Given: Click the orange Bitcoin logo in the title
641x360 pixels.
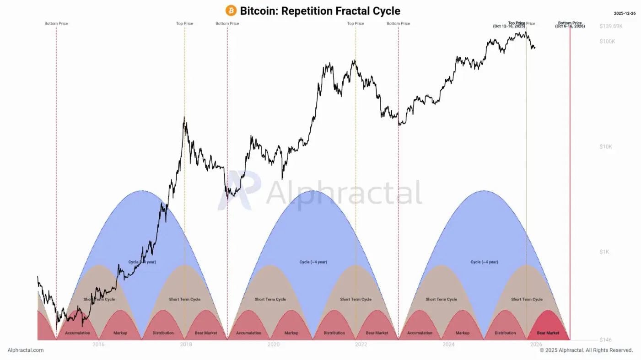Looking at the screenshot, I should pyautogui.click(x=231, y=11).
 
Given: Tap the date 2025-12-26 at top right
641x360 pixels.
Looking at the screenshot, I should pyautogui.click(x=625, y=13).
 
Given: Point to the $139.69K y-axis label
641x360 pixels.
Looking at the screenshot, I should pyautogui.click(x=611, y=26).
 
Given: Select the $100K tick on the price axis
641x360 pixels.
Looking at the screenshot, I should pyautogui.click(x=608, y=41).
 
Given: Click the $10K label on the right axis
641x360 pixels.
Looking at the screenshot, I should pyautogui.click(x=605, y=146).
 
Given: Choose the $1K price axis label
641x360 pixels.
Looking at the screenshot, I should pyautogui.click(x=604, y=252).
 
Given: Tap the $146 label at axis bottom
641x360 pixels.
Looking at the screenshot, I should pyautogui.click(x=605, y=340).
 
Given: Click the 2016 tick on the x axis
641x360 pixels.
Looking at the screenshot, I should pyautogui.click(x=98, y=344).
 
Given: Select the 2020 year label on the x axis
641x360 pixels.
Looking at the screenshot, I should pyautogui.click(x=273, y=344).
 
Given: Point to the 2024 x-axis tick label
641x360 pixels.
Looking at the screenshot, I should pyautogui.click(x=448, y=344).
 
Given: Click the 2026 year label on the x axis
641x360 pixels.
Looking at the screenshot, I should pyautogui.click(x=536, y=344).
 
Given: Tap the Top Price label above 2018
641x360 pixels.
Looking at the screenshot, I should pyautogui.click(x=184, y=23).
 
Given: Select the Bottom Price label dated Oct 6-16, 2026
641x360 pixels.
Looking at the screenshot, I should pyautogui.click(x=570, y=25).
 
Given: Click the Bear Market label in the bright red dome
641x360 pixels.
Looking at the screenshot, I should pyautogui.click(x=548, y=333).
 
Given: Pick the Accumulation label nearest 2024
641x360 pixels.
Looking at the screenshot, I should pyautogui.click(x=420, y=333).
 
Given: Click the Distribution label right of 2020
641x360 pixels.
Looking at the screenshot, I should pyautogui.click(x=334, y=333).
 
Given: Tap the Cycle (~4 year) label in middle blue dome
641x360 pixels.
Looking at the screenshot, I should pyautogui.click(x=313, y=262).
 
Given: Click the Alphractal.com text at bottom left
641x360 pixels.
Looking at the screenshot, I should pyautogui.click(x=26, y=350).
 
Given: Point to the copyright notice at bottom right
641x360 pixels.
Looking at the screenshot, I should pyautogui.click(x=586, y=350).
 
